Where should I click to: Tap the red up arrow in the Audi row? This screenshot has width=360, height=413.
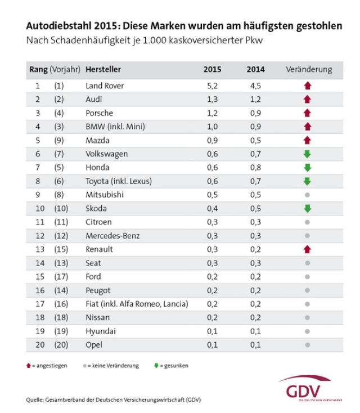click(x=307, y=100)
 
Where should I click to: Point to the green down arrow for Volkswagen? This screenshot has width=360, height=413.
click(x=307, y=154)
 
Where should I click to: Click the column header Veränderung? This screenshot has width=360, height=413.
click(x=309, y=70)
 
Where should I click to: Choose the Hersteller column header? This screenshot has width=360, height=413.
click(x=103, y=70)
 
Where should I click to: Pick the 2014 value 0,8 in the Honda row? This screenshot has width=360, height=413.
click(x=255, y=167)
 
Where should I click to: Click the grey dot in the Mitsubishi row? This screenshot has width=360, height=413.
click(x=307, y=195)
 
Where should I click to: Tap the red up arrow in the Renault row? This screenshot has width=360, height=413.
click(x=307, y=249)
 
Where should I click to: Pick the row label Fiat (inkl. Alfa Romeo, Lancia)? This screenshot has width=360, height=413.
click(x=137, y=304)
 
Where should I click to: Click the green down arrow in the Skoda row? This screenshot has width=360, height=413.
click(x=307, y=208)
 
